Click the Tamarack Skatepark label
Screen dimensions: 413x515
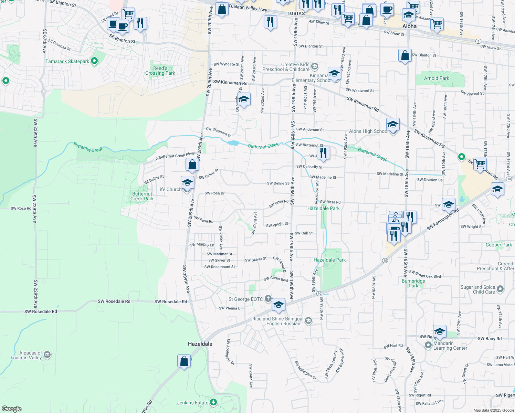pos(67,61)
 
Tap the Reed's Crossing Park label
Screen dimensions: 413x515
pos(160,71)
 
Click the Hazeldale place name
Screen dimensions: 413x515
pos(200,344)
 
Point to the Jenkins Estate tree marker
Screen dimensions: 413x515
pos(213,402)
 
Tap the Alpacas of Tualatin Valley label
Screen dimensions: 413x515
pos(26,355)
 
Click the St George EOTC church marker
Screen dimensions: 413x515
pos(268,299)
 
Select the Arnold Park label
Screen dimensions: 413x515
pos(437,78)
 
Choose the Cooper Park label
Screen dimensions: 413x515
pos(499,245)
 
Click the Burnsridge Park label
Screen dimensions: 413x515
pos(413,283)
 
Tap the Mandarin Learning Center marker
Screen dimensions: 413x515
pos(428,345)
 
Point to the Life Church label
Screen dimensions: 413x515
pos(169,189)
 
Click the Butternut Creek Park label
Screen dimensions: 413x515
pos(142,196)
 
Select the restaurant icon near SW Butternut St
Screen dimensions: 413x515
pos(323,153)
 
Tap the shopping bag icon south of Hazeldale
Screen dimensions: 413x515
pos(184,361)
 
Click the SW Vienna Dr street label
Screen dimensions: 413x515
pos(230,308)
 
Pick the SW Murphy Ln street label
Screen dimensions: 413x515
pos(202,245)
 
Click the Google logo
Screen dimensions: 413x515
pos(12,409)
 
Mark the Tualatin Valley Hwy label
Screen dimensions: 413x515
pos(248,8)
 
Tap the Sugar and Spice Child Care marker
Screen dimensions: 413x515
pos(500,289)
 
